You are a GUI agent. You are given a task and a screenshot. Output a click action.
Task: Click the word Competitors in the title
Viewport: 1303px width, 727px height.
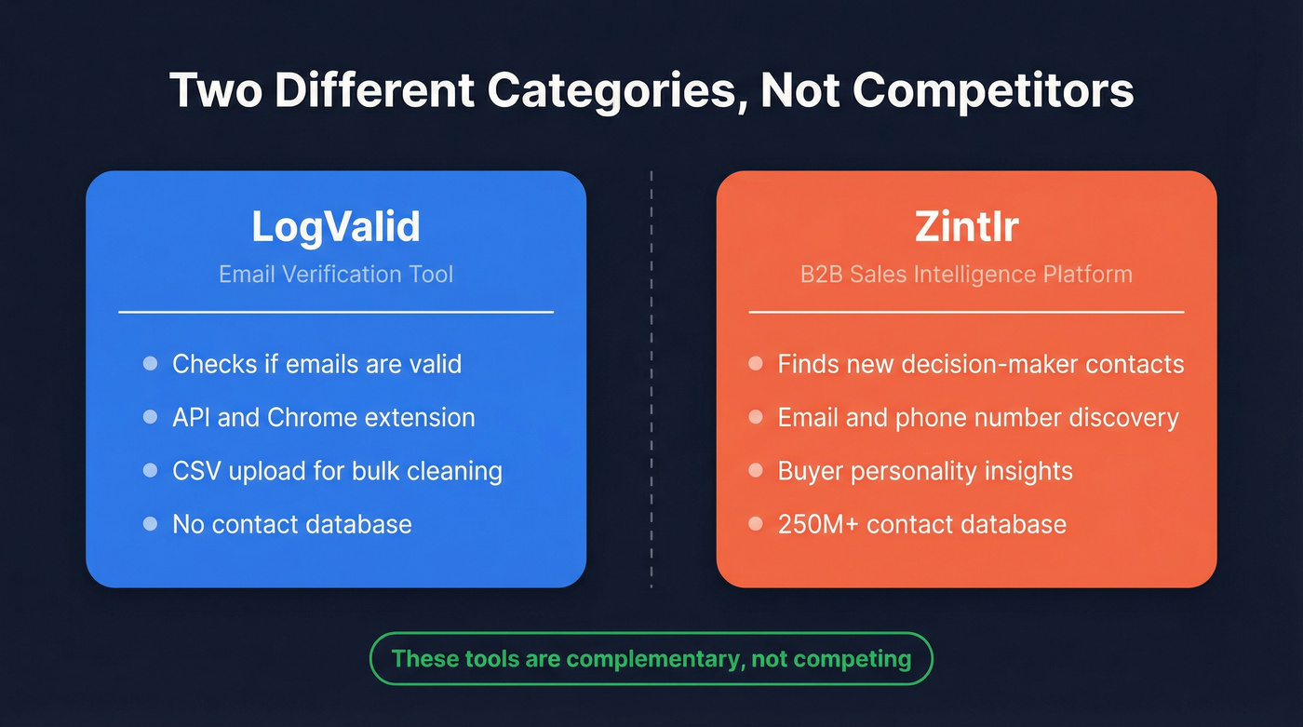993,91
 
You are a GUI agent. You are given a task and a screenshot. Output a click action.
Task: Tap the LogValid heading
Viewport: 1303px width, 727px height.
336,227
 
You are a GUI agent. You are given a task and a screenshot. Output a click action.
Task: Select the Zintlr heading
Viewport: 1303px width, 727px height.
966,227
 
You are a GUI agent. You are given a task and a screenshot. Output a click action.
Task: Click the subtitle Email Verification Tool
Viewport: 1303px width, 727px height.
336,275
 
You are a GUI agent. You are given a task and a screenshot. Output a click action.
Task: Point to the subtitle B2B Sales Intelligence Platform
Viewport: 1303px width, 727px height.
966,275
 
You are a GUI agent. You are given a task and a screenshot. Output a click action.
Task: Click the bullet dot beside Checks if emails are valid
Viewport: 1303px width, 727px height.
150,363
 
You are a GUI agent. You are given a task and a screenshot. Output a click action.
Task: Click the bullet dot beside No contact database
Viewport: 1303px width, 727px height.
150,524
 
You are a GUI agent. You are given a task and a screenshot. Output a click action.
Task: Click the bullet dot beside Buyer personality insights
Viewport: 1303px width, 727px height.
756,471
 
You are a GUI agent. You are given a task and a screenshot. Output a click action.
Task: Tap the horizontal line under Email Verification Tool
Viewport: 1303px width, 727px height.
336,312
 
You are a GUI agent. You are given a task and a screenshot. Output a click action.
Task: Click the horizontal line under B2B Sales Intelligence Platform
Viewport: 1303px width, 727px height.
966,312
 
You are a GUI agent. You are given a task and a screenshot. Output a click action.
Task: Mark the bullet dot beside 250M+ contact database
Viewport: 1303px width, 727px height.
756,524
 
